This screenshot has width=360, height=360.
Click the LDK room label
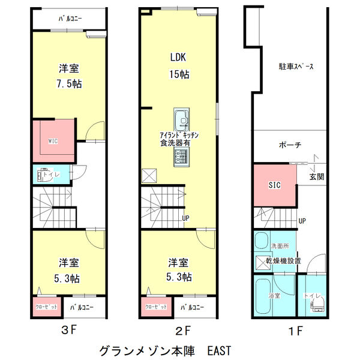click(x=179, y=58)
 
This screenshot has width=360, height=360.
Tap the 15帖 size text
click(x=179, y=74)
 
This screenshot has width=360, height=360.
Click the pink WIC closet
click(x=53, y=142)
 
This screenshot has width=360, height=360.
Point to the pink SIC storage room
click(x=274, y=185)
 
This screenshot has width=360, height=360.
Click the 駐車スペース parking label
click(x=296, y=67)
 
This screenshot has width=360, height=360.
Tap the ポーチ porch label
click(x=290, y=145)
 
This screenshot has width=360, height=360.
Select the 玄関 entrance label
click(x=316, y=178)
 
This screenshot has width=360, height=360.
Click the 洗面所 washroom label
click(x=280, y=246)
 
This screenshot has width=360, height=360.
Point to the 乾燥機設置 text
click(x=284, y=261)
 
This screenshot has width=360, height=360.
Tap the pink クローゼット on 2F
click(x=157, y=307)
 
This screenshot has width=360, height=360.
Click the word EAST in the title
click(x=218, y=349)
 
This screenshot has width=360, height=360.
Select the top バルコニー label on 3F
click(x=70, y=19)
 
